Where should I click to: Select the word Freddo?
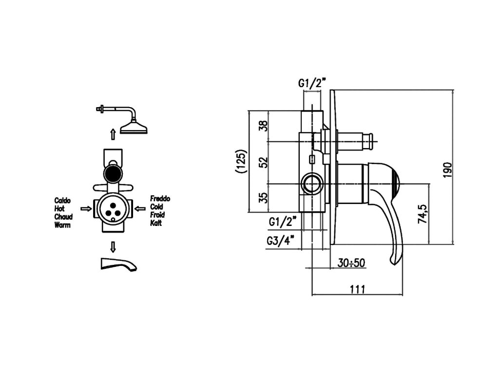(x=160, y=199)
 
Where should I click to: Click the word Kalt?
(x=156, y=224)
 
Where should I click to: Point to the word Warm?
(x=62, y=225)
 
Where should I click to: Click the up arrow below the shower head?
(x=113, y=134)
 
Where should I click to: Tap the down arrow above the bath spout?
(x=113, y=246)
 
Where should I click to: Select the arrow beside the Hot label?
(x=86, y=209)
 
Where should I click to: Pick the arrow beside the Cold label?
(x=140, y=209)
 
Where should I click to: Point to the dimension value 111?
(x=357, y=289)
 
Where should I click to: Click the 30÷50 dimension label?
(x=351, y=263)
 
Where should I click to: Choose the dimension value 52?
(x=263, y=162)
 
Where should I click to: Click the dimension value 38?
(x=263, y=126)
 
